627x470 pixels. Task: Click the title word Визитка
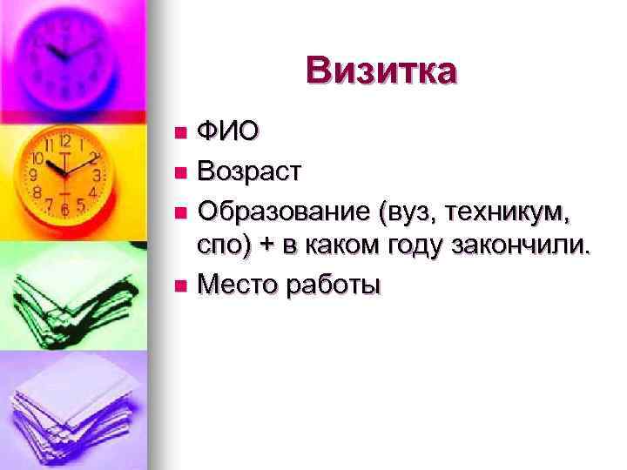(x=381, y=71)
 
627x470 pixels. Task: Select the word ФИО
(x=227, y=132)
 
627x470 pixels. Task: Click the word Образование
(x=284, y=209)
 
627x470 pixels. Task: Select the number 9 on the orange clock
(x=34, y=175)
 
